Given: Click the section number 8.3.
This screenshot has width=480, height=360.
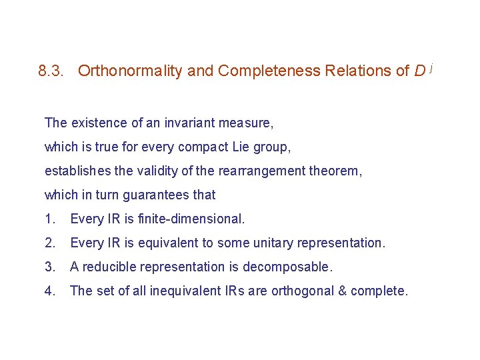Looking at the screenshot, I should click(52, 71).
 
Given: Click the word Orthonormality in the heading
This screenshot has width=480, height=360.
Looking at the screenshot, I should click(130, 71).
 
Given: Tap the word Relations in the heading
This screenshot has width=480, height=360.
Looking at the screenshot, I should click(358, 71).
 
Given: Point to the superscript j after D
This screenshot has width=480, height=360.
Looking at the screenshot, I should click(431, 67).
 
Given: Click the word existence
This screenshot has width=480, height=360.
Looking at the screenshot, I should click(95, 123).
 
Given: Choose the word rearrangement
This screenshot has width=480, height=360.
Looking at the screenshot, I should click(257, 171).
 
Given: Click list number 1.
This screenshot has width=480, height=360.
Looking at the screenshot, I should click(49, 219).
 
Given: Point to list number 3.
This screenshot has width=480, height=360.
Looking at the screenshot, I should click(49, 267).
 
